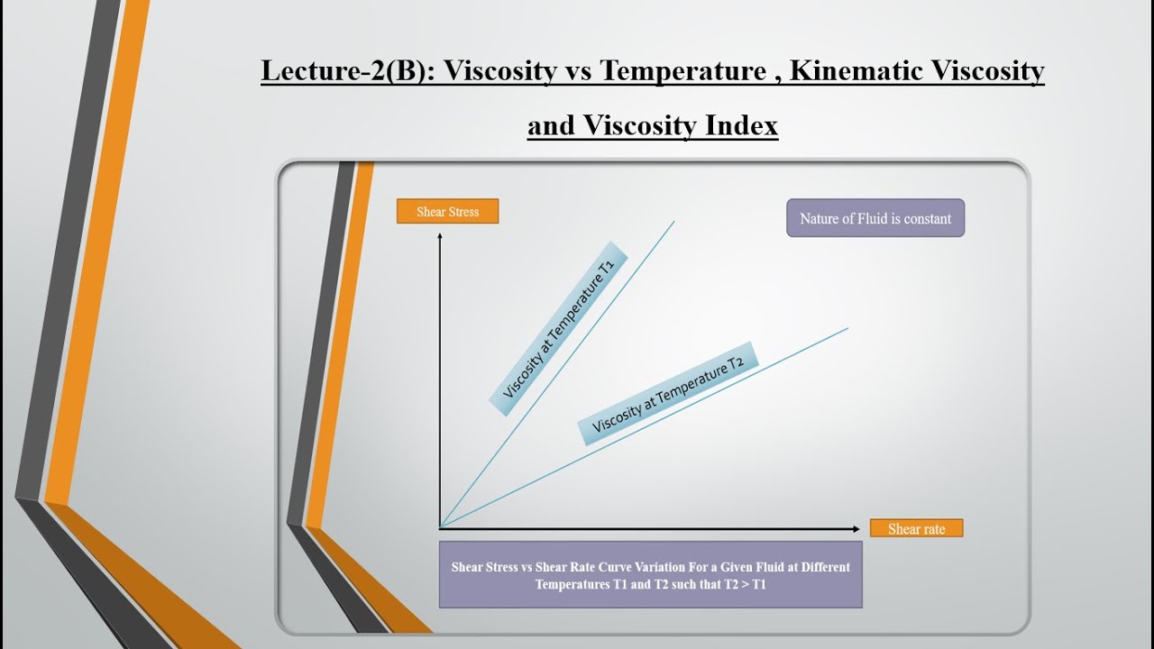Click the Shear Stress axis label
[447, 212]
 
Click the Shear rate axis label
[916, 529]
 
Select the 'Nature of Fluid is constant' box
[875, 218]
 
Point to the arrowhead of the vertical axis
[439, 236]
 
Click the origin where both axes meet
[440, 528]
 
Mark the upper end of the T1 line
[673, 221]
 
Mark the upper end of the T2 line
[847, 328]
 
